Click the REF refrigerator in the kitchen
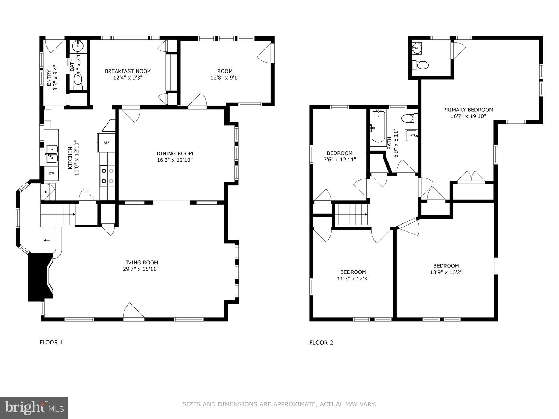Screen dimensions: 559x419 [x=107, y=143]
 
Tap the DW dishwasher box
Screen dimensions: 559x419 [x=51, y=174]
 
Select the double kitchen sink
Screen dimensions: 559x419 [x=52, y=154]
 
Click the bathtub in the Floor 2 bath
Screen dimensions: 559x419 [x=378, y=126]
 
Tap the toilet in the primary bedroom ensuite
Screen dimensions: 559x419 [x=420, y=65]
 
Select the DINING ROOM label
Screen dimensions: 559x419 [x=174, y=153]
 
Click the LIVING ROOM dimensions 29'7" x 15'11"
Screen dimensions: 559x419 [x=140, y=269]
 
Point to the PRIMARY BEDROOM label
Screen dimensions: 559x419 [x=468, y=110]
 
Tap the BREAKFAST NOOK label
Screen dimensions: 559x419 [x=128, y=71]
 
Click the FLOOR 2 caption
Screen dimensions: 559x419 [x=321, y=343]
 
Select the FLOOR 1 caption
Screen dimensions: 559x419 [x=51, y=342]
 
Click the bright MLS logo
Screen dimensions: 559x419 [x=34, y=408]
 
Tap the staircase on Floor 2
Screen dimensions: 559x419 [x=352, y=214]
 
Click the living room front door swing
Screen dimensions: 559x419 [x=134, y=310]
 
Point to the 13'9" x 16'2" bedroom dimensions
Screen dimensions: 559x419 [x=446, y=272]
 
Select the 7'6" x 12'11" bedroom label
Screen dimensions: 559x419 [x=340, y=160]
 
